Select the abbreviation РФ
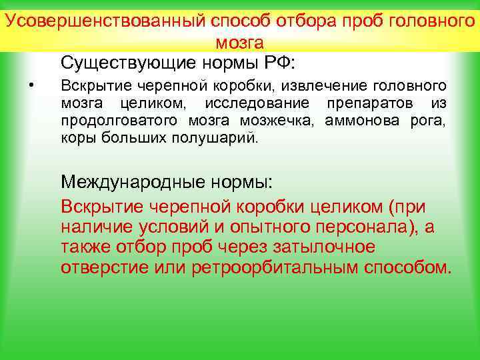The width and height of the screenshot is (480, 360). click(x=275, y=63)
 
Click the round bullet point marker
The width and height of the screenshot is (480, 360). click(x=32, y=83)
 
